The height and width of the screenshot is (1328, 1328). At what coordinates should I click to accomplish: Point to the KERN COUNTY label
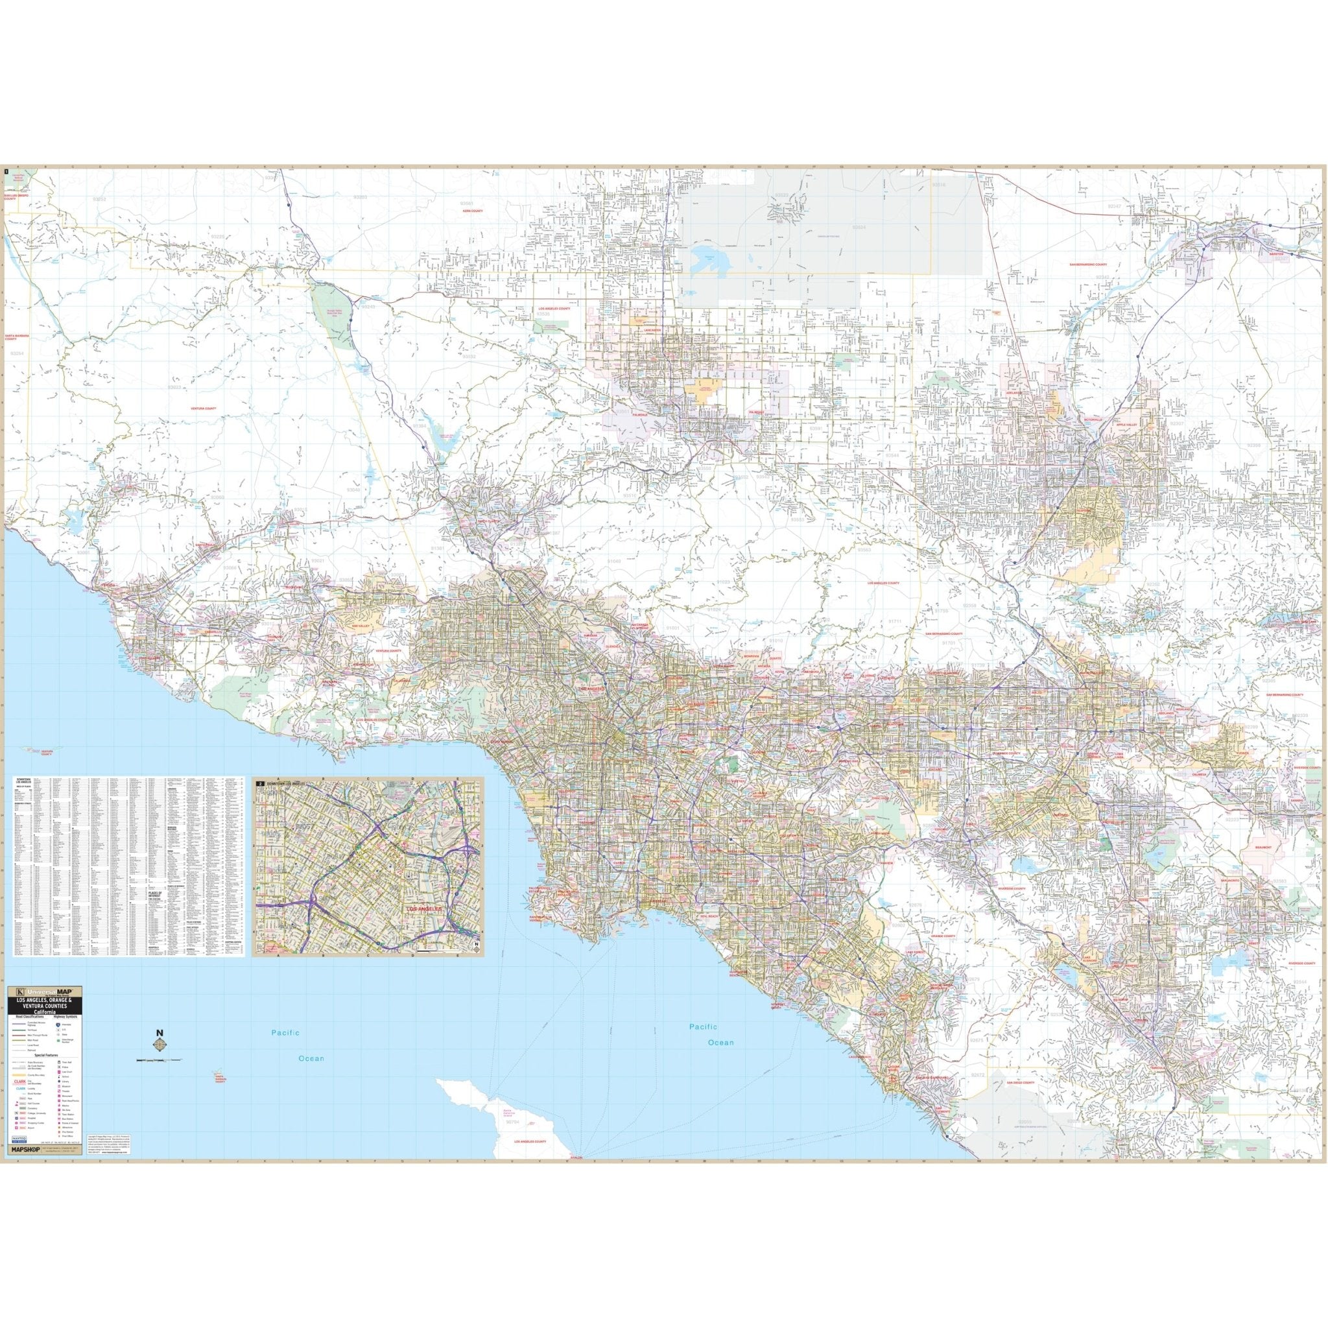click(473, 211)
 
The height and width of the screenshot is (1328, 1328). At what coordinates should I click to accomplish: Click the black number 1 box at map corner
click(6, 172)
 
